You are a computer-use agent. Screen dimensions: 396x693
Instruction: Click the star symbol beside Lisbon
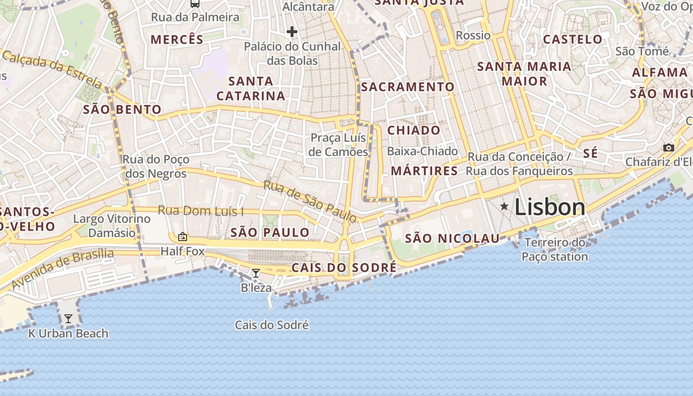[504, 206]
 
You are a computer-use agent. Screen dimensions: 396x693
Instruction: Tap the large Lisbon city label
[550, 206]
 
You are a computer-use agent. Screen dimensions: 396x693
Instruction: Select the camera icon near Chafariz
[668, 148]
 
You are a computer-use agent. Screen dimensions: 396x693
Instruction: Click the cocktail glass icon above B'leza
[256, 273]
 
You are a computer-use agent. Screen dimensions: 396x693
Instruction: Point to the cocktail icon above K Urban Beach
[68, 318]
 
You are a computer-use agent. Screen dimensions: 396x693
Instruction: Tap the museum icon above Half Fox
[182, 237]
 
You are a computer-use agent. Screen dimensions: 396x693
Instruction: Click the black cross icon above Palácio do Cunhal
[292, 32]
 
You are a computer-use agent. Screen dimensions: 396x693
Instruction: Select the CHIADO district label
[414, 131]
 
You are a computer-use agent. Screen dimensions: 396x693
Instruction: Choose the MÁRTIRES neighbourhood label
[424, 171]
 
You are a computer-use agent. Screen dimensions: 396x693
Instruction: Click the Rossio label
[473, 36]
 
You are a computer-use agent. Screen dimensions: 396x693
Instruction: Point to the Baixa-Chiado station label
[423, 151]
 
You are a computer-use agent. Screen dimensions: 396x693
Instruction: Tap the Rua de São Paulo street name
[310, 201]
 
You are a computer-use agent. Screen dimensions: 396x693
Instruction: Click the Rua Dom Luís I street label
[200, 211]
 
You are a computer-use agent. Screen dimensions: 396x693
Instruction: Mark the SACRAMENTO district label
[408, 87]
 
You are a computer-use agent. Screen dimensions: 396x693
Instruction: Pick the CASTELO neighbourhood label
[573, 40]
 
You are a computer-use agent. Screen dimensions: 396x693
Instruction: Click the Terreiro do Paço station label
[555, 249]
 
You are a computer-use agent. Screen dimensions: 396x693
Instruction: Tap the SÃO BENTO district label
[122, 110]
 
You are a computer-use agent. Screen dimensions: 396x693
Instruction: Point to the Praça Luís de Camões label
[339, 145]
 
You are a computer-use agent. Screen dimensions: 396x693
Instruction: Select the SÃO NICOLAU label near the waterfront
[452, 239]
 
